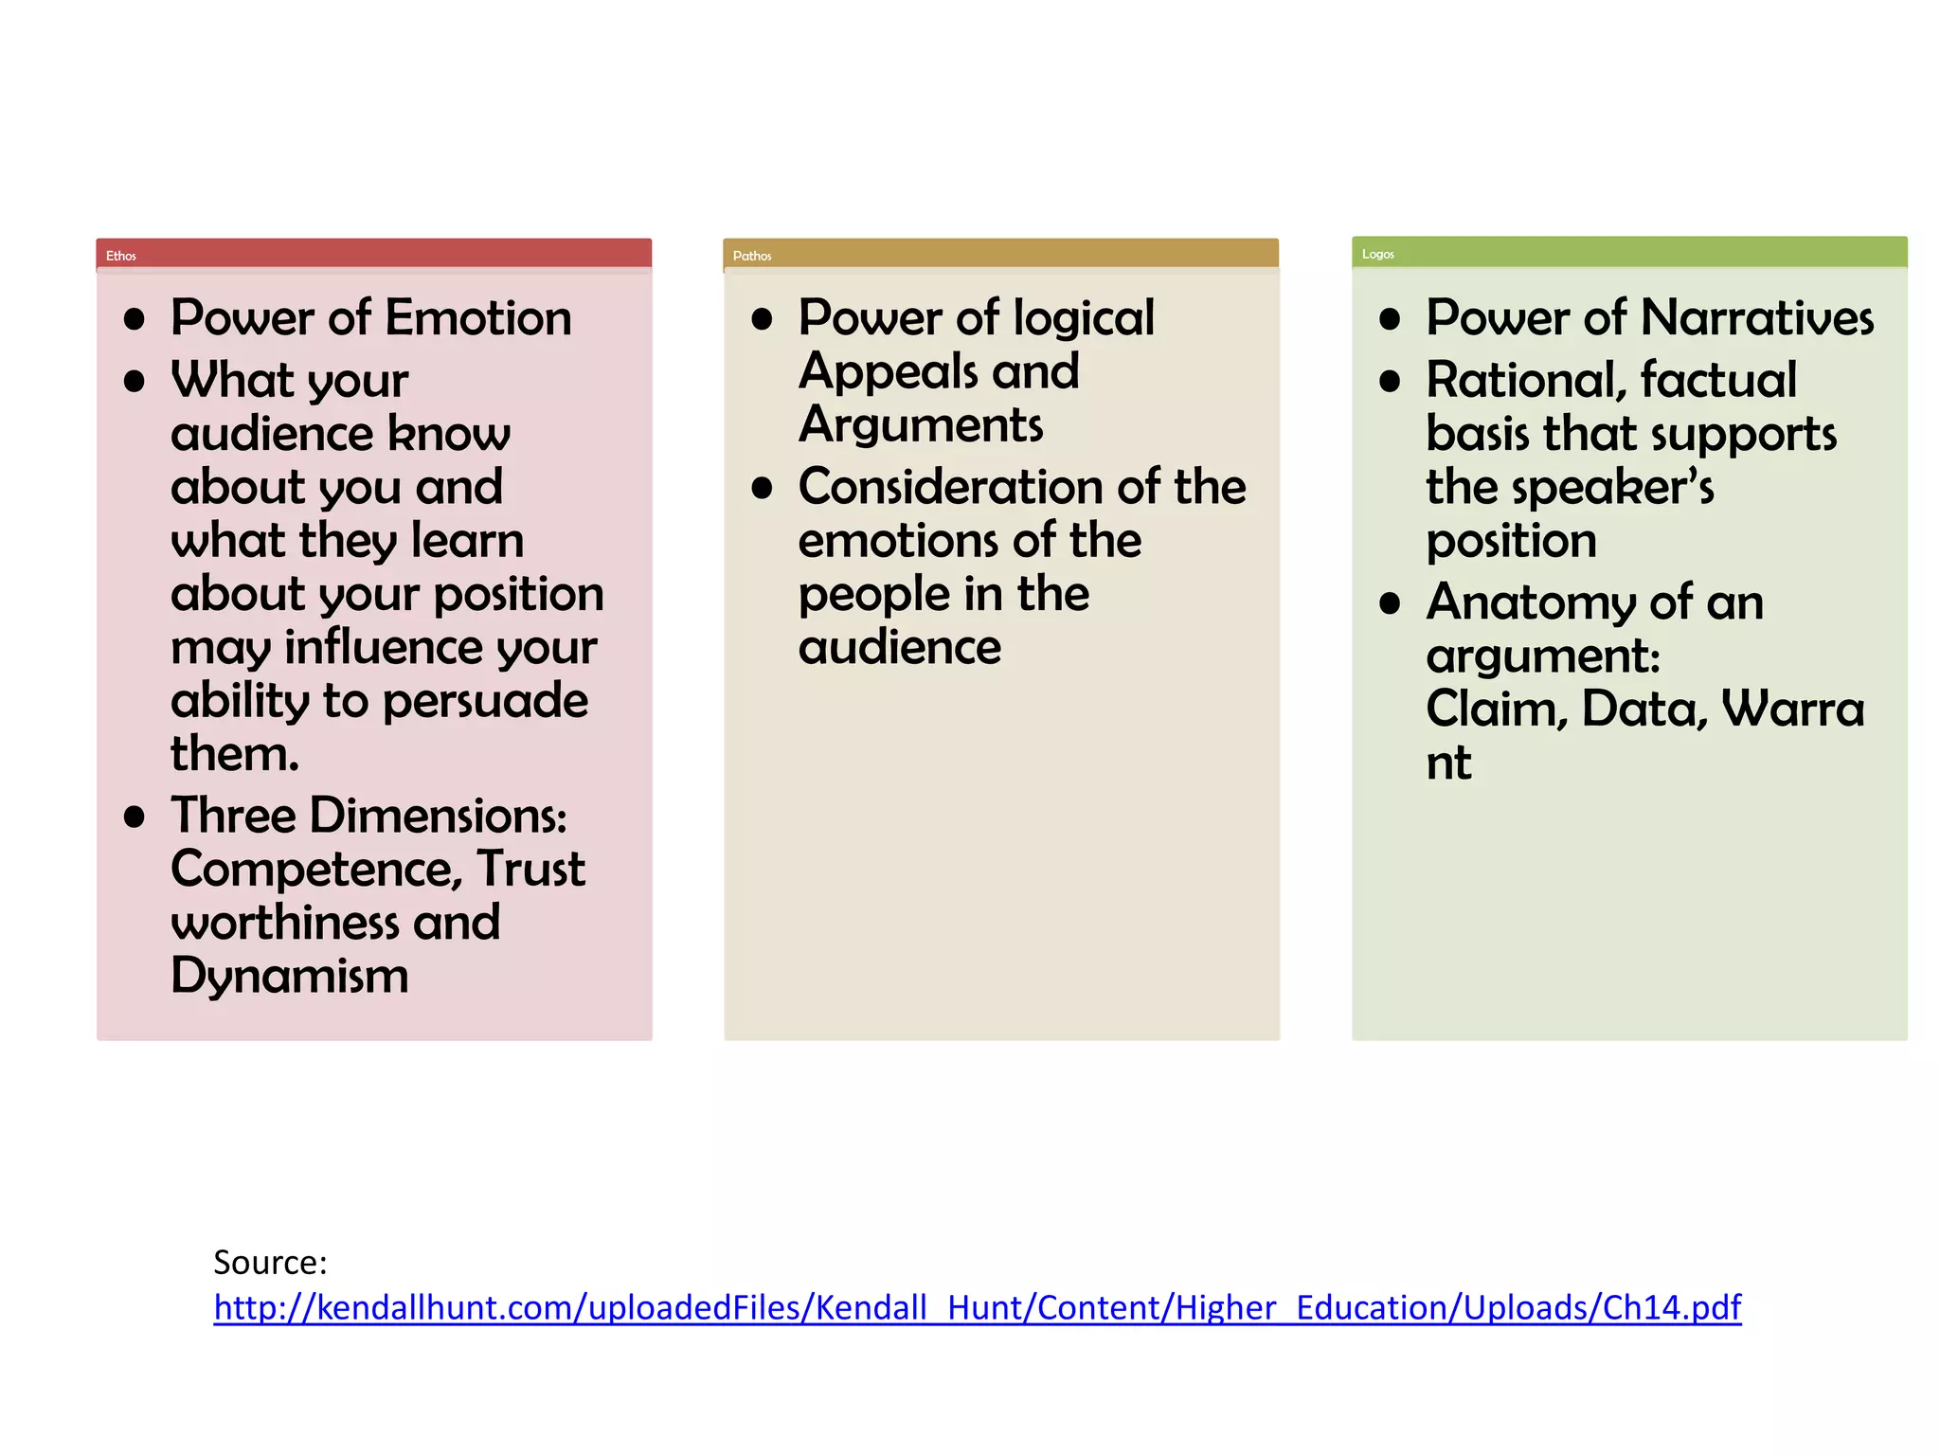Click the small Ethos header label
[121, 256]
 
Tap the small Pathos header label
[752, 256]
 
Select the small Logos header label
[1378, 254]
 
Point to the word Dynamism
[290, 976]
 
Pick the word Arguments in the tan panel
[921, 424]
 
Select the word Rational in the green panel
[1526, 381]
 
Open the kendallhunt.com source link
[977, 1308]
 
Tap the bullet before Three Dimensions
[135, 817]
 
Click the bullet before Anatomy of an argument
[1390, 603]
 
